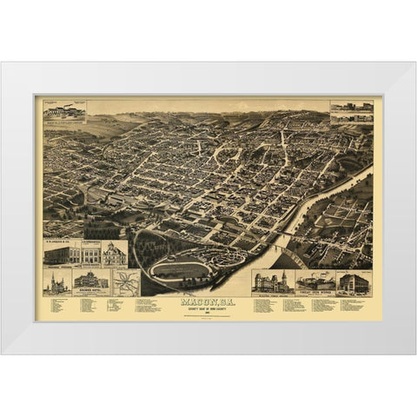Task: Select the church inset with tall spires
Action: pos(57,283)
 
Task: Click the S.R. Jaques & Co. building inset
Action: pos(62,253)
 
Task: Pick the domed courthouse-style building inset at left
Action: pos(115,253)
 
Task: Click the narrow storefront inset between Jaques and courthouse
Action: pos(91,253)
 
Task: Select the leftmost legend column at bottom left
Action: pos(61,306)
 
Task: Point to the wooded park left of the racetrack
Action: pos(143,252)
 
